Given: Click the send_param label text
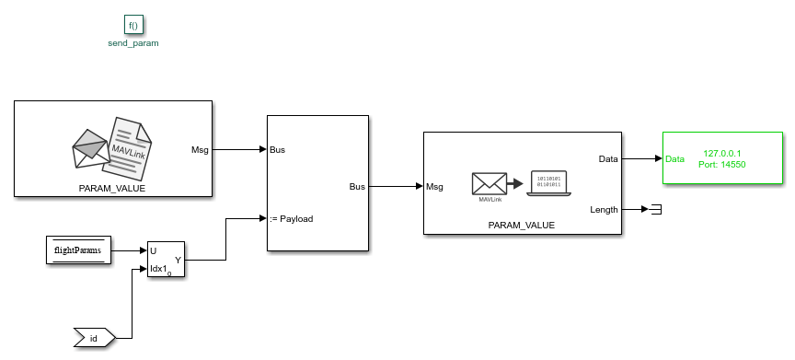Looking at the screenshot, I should pyautogui.click(x=133, y=43).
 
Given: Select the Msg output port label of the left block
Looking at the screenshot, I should pyautogui.click(x=199, y=149).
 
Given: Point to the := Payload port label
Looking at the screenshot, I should pyautogui.click(x=291, y=219).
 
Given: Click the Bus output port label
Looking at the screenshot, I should pyautogui.click(x=356, y=186).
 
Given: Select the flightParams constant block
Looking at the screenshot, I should pyautogui.click(x=78, y=250).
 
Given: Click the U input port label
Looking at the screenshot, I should pyautogui.click(x=153, y=250).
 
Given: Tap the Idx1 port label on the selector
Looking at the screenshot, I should pyautogui.click(x=159, y=269).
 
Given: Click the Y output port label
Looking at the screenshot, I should pyautogui.click(x=178, y=260).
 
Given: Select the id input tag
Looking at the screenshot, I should pyautogui.click(x=94, y=339).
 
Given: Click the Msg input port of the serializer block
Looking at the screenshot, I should pyautogui.click(x=435, y=187).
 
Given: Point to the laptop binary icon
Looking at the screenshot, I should pyautogui.click(x=547, y=181).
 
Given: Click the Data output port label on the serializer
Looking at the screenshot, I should pyautogui.click(x=608, y=158).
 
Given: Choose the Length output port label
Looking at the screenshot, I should pyautogui.click(x=604, y=210).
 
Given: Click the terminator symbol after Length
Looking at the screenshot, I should pyautogui.click(x=655, y=210).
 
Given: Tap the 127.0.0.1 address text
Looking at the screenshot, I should pyautogui.click(x=721, y=153).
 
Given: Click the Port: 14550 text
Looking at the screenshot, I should pyautogui.click(x=723, y=164).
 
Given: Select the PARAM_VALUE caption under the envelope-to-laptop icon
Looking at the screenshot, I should pyautogui.click(x=521, y=225).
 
